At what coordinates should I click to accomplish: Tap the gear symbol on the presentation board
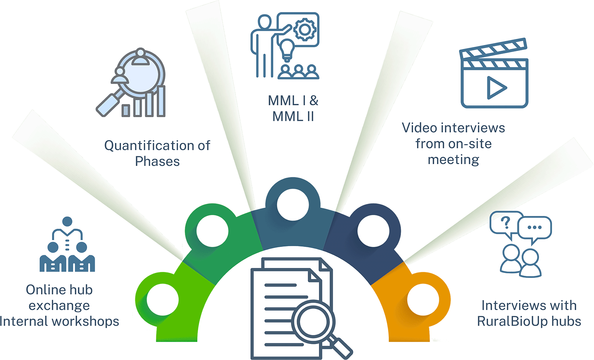click(x=305, y=30)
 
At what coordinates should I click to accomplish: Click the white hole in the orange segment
click(x=423, y=299)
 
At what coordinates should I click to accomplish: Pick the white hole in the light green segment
click(x=163, y=299)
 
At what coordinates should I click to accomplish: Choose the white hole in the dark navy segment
click(x=373, y=231)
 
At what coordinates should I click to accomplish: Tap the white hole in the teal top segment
click(x=293, y=205)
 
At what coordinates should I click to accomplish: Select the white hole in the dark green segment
click(x=212, y=231)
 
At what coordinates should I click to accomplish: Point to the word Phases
click(x=157, y=161)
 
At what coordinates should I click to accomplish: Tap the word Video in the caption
click(x=420, y=128)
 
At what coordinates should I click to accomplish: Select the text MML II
click(x=293, y=116)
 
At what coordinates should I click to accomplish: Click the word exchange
click(x=59, y=306)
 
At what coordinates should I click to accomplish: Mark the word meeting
click(x=453, y=160)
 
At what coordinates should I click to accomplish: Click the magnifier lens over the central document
click(x=313, y=322)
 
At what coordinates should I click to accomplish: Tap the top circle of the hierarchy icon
click(x=67, y=222)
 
